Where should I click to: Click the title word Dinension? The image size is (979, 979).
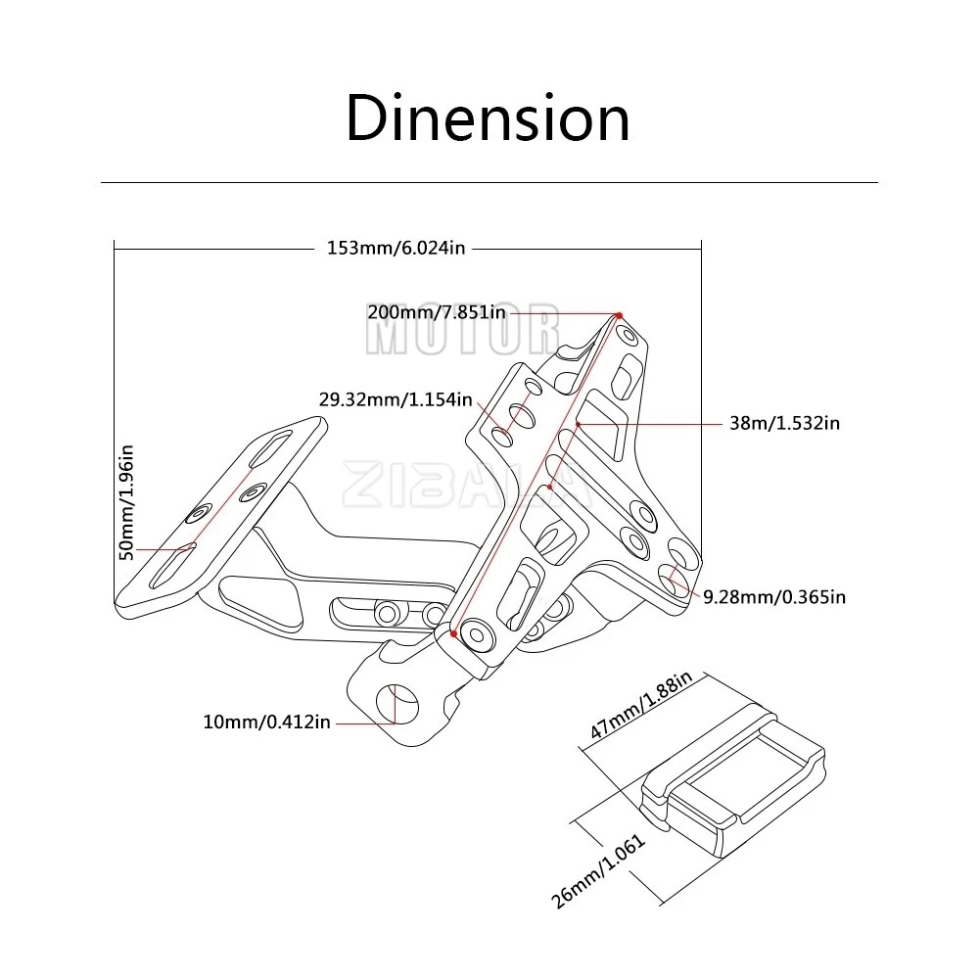tap(488, 119)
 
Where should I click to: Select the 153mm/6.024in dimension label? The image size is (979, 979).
tap(396, 248)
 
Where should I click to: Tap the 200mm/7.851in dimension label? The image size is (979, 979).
tap(437, 312)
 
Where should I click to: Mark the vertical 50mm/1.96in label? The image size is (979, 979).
tap(126, 502)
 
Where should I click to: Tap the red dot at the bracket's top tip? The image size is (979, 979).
tap(619, 314)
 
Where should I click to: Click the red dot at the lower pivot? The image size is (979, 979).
tap(454, 633)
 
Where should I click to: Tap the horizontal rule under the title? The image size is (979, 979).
tap(489, 183)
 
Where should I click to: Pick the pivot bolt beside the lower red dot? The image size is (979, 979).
tap(479, 635)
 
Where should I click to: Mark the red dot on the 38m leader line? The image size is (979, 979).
tap(580, 424)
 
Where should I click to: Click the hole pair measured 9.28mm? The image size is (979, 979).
tap(675, 578)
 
